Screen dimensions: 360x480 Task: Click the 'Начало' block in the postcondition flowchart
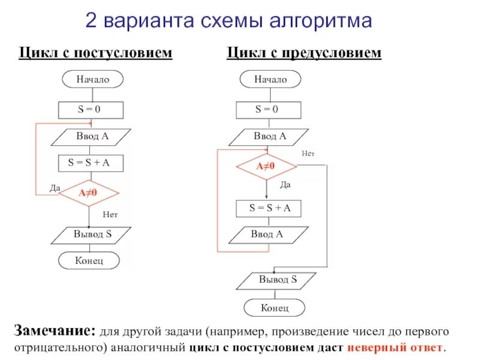pyautogui.click(x=92, y=79)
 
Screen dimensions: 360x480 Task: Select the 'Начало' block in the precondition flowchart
pyautogui.click(x=270, y=79)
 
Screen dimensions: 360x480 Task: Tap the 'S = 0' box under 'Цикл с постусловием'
pyautogui.click(x=91, y=110)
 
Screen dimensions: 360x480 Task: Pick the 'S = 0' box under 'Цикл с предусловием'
pyautogui.click(x=267, y=110)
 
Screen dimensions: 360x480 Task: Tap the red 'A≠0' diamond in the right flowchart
pyautogui.click(x=266, y=166)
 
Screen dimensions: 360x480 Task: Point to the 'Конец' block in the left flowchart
pyautogui.click(x=89, y=260)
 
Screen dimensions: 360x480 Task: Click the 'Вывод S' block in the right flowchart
pyautogui.click(x=278, y=280)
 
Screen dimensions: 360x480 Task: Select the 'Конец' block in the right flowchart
pyautogui.click(x=274, y=308)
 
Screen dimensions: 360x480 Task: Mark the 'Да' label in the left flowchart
pyautogui.click(x=55, y=188)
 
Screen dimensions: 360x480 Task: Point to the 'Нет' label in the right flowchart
pyautogui.click(x=308, y=154)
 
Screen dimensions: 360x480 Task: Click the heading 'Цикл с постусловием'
pyautogui.click(x=95, y=53)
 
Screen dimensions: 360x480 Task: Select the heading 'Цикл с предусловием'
pyautogui.click(x=304, y=53)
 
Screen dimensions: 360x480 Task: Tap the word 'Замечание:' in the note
pyautogui.click(x=53, y=331)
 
